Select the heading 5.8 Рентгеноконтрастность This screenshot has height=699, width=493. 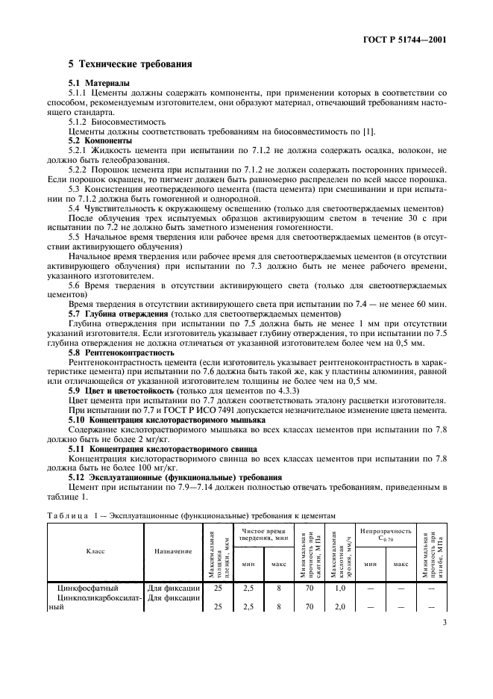click(x=122, y=351)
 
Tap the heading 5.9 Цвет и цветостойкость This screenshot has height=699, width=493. click(x=119, y=391)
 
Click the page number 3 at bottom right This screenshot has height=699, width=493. click(x=443, y=641)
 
